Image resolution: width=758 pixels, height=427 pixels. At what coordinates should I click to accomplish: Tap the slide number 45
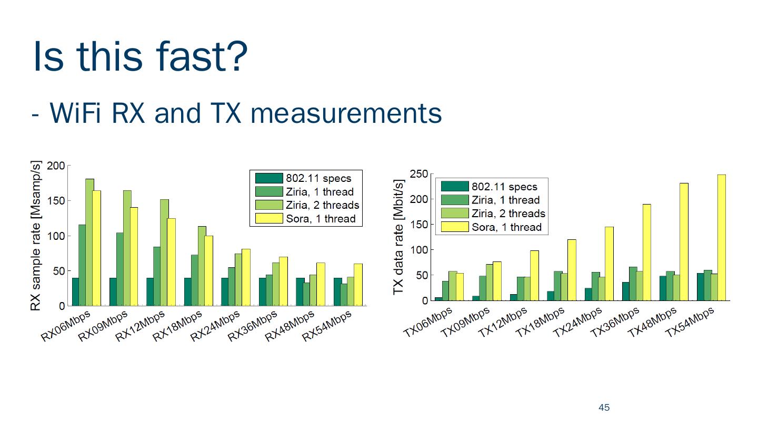click(x=604, y=407)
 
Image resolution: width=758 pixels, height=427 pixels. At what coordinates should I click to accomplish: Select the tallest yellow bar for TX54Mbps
click(x=721, y=237)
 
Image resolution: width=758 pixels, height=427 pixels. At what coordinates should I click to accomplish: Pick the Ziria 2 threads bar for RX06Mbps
click(x=89, y=242)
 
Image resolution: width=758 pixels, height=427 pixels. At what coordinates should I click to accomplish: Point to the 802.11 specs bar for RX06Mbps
click(x=75, y=292)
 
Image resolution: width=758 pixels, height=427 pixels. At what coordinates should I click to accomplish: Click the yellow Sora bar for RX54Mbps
click(x=358, y=285)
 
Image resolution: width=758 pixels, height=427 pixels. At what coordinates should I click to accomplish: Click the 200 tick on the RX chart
click(x=58, y=166)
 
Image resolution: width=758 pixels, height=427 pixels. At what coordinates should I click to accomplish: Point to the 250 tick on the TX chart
click(x=419, y=174)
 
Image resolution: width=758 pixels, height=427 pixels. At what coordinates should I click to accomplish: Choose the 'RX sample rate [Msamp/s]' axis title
click(x=36, y=236)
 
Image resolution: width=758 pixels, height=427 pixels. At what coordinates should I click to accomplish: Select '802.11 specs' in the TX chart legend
click(x=504, y=187)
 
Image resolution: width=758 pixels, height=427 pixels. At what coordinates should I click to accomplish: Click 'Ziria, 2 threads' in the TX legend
click(x=508, y=213)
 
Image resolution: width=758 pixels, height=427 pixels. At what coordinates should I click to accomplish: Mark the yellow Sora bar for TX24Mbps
click(x=609, y=264)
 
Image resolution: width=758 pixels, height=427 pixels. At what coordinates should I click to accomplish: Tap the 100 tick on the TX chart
click(x=419, y=250)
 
